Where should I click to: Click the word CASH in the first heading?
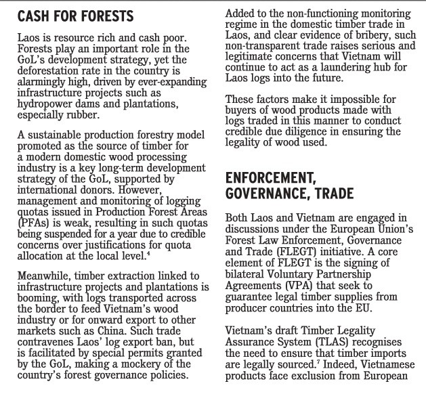(x=35, y=15)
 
